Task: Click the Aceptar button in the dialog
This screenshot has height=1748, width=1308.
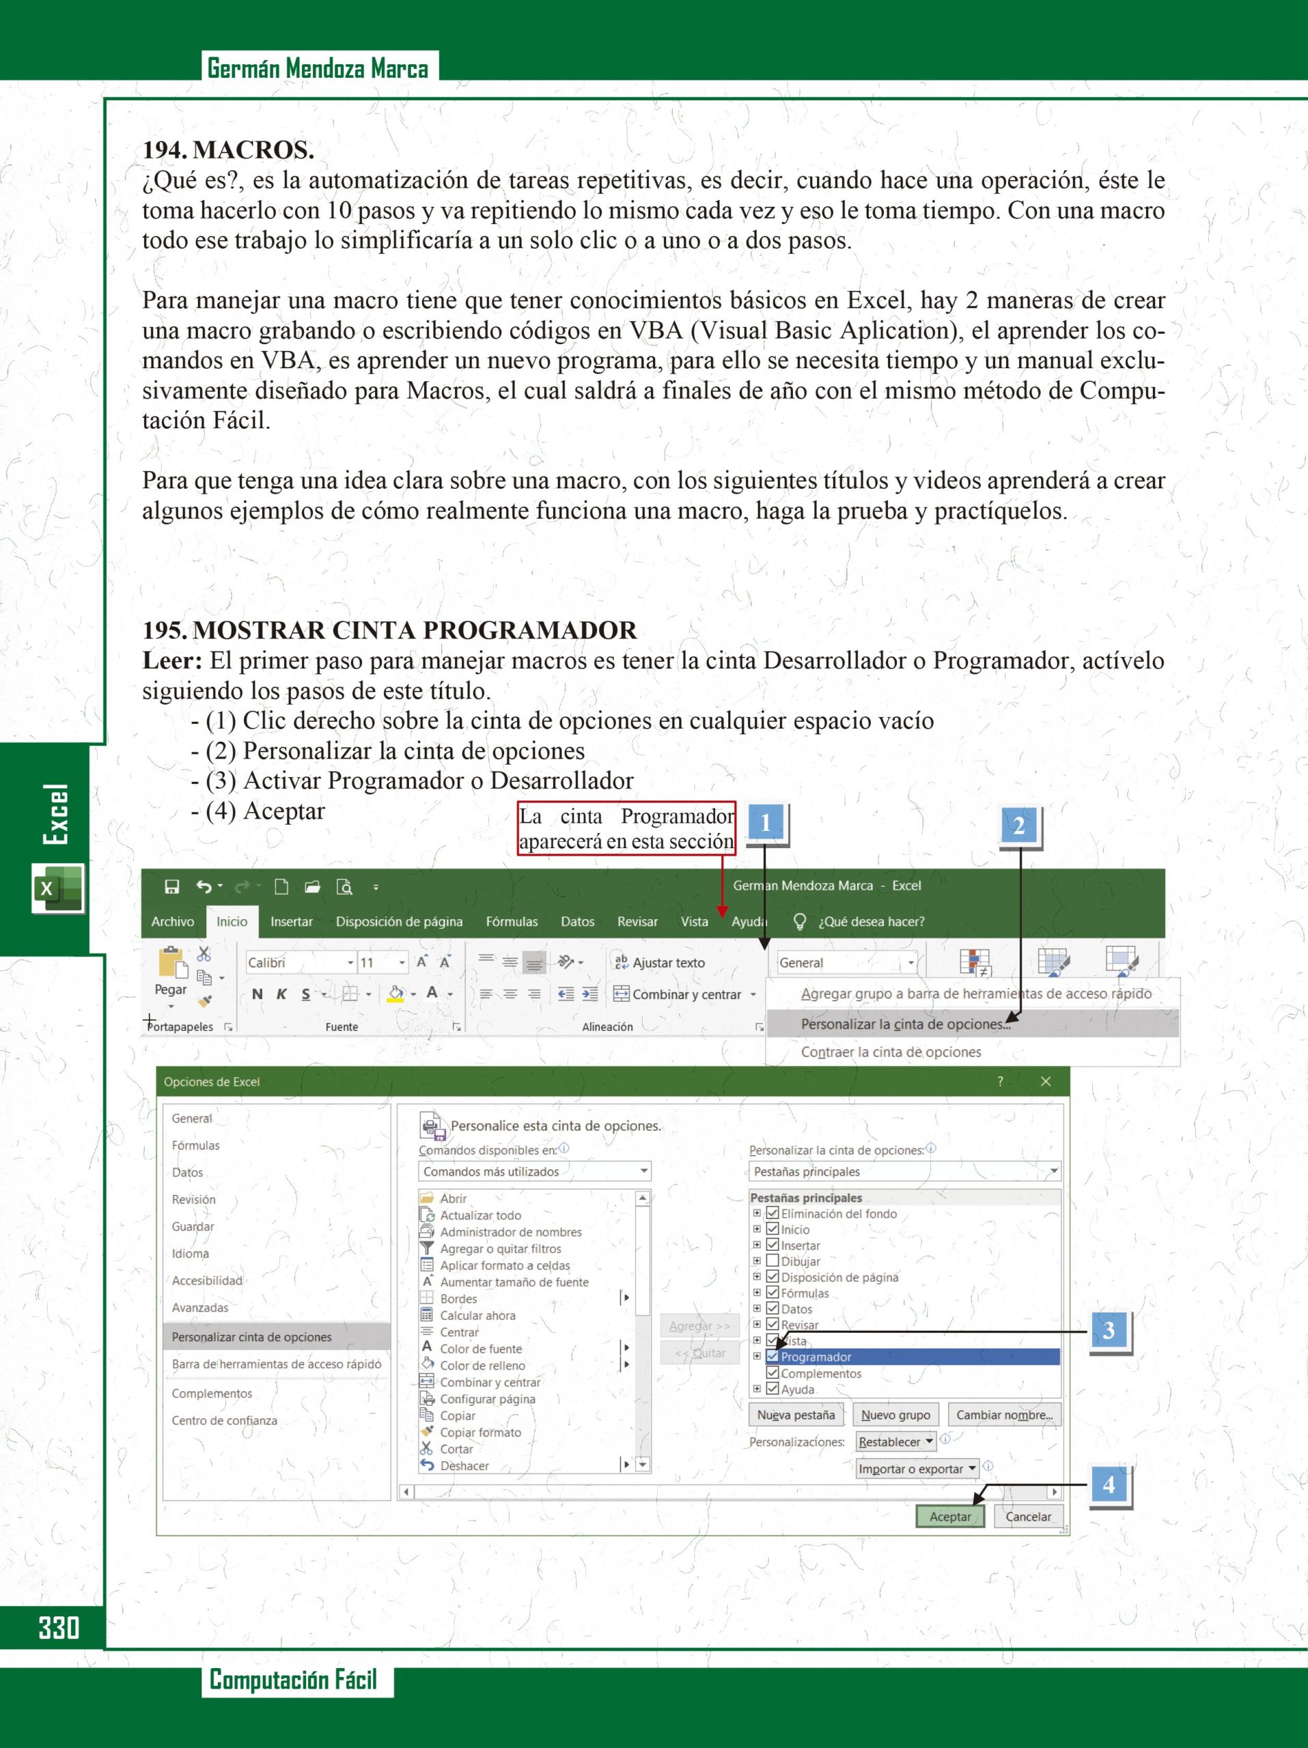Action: tap(950, 1517)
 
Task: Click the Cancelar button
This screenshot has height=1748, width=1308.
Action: tap(1027, 1517)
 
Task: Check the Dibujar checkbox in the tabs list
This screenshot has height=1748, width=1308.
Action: tap(773, 1261)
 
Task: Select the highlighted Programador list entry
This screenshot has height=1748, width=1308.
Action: tap(816, 1357)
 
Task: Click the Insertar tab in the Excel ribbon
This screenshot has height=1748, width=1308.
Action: tap(291, 921)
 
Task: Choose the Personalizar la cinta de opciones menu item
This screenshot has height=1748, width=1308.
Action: tap(905, 1024)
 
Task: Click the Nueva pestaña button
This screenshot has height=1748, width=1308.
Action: tap(796, 1415)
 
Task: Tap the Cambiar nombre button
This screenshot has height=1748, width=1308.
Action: tap(1004, 1415)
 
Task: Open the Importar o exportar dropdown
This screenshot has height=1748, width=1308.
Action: tap(917, 1468)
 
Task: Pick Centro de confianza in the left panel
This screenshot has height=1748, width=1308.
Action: tap(225, 1420)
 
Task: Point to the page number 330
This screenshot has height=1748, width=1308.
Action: tap(59, 1628)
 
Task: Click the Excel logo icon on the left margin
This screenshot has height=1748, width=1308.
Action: tap(57, 888)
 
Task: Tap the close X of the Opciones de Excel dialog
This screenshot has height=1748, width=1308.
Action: tap(1046, 1082)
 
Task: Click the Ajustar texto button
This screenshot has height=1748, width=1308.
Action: tap(660, 963)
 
